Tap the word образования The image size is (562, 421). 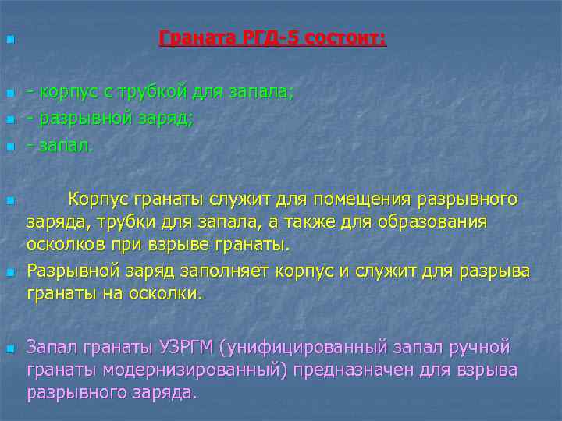[422, 221]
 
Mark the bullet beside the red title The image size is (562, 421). [9, 39]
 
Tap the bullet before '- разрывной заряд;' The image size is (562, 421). [9, 120]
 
